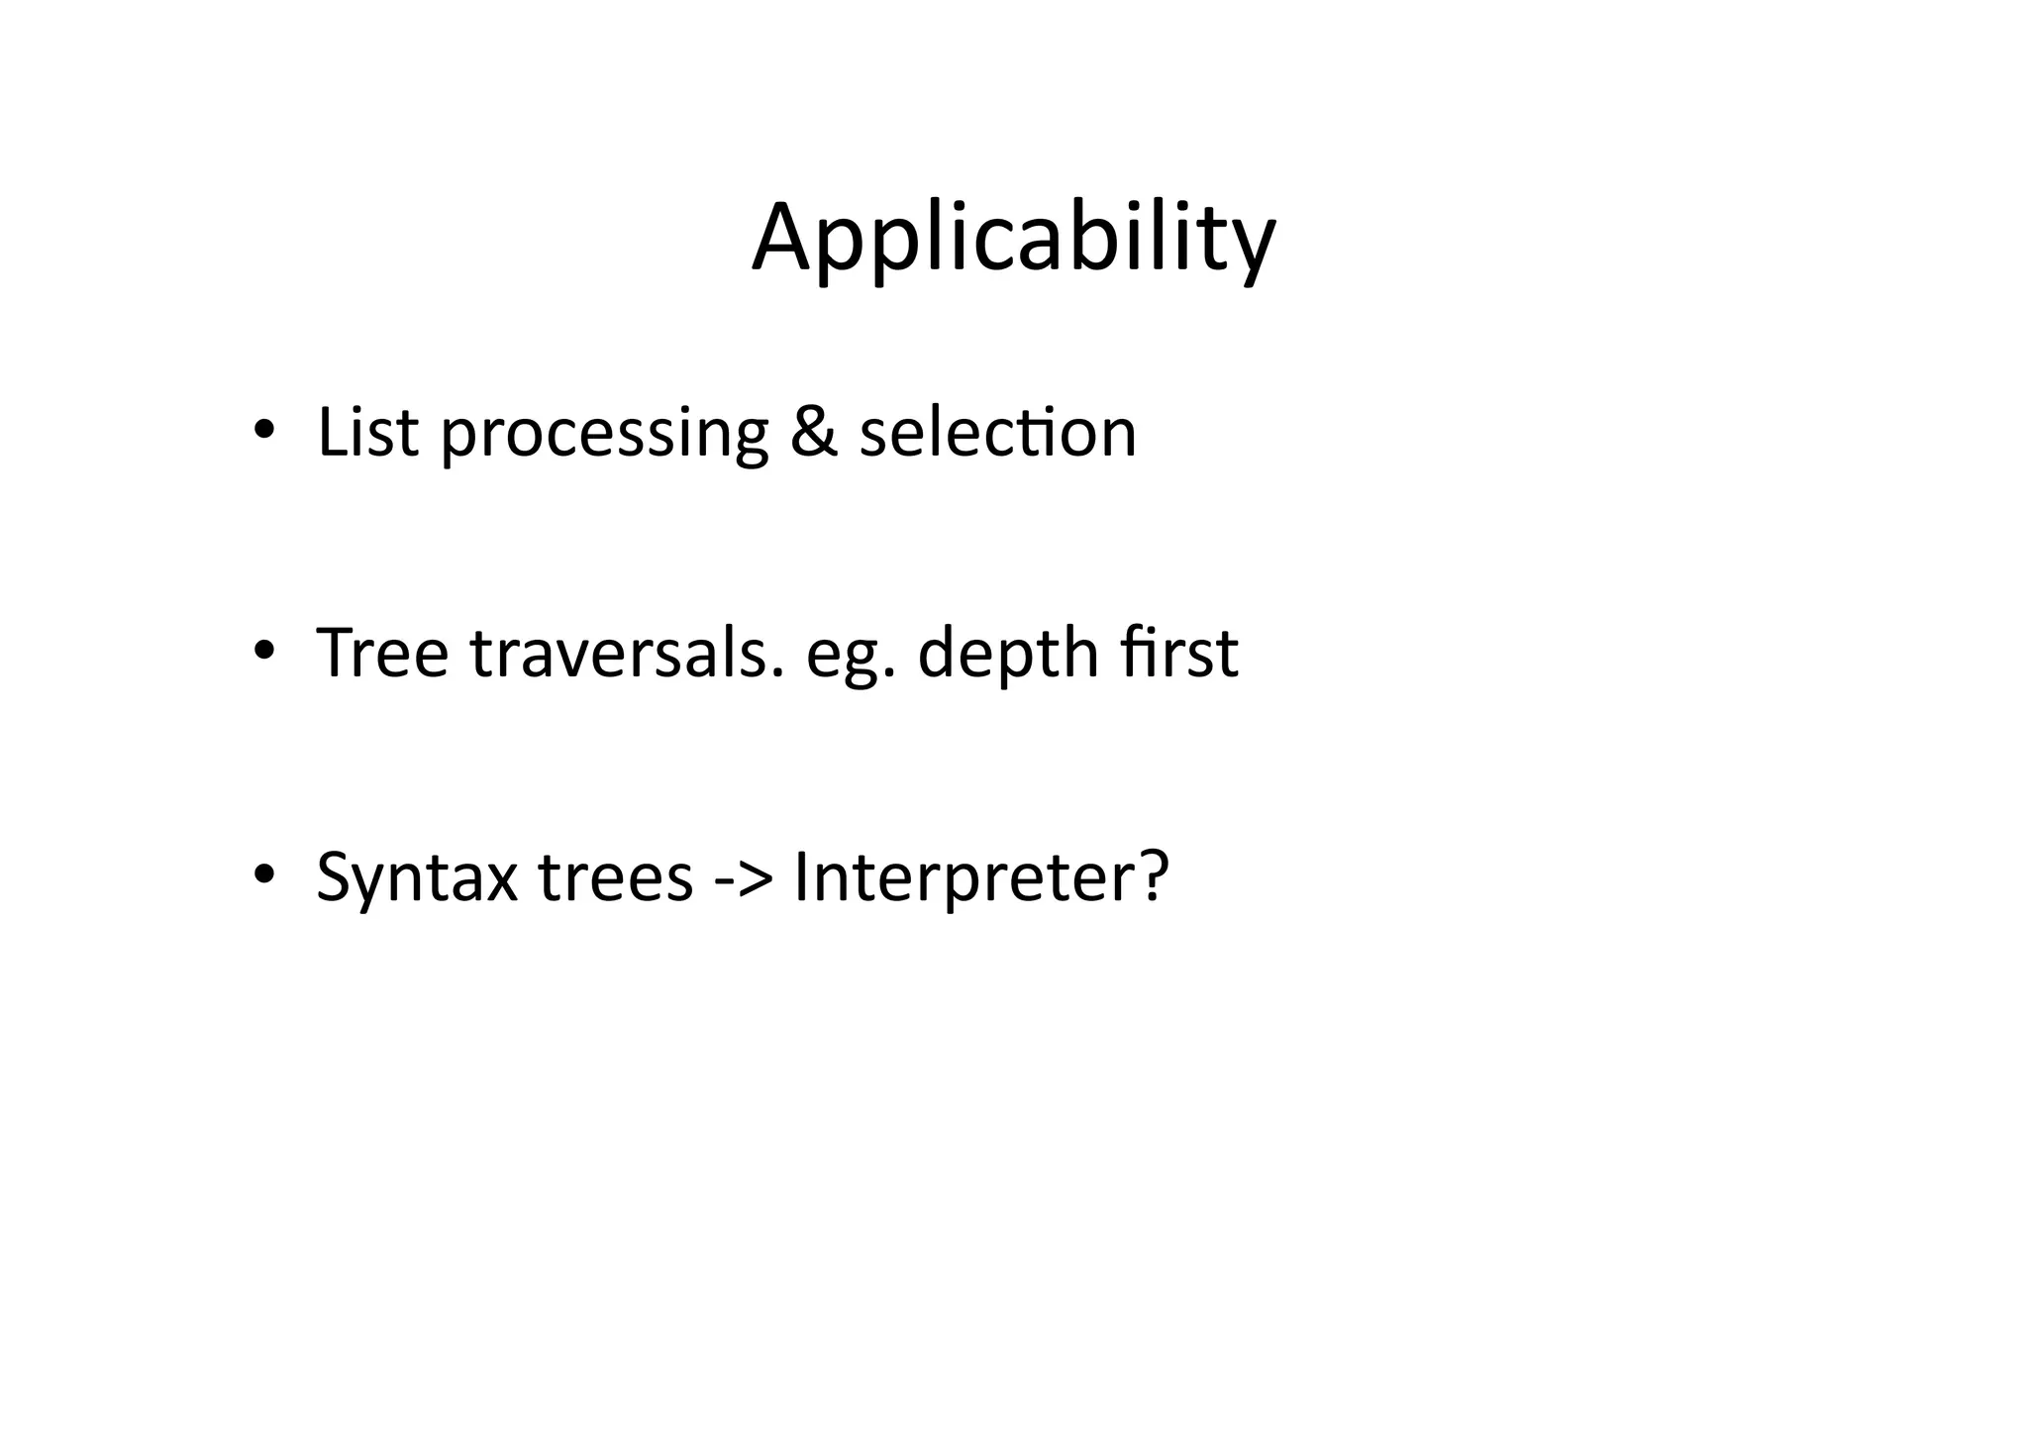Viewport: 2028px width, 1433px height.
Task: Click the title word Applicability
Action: [x=1013, y=240]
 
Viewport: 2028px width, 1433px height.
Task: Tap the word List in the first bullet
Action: [x=367, y=433]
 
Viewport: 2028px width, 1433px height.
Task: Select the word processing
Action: [x=604, y=436]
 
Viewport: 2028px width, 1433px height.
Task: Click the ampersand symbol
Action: [x=814, y=433]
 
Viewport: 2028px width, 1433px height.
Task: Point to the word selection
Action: [x=997, y=433]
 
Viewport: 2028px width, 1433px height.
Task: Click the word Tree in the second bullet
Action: [x=382, y=654]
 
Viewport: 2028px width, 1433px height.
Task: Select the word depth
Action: [x=1008, y=656]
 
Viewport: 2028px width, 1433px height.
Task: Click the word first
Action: [x=1179, y=654]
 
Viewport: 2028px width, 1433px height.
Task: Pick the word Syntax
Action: [x=417, y=878]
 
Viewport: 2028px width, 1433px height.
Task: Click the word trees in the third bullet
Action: [x=615, y=878]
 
